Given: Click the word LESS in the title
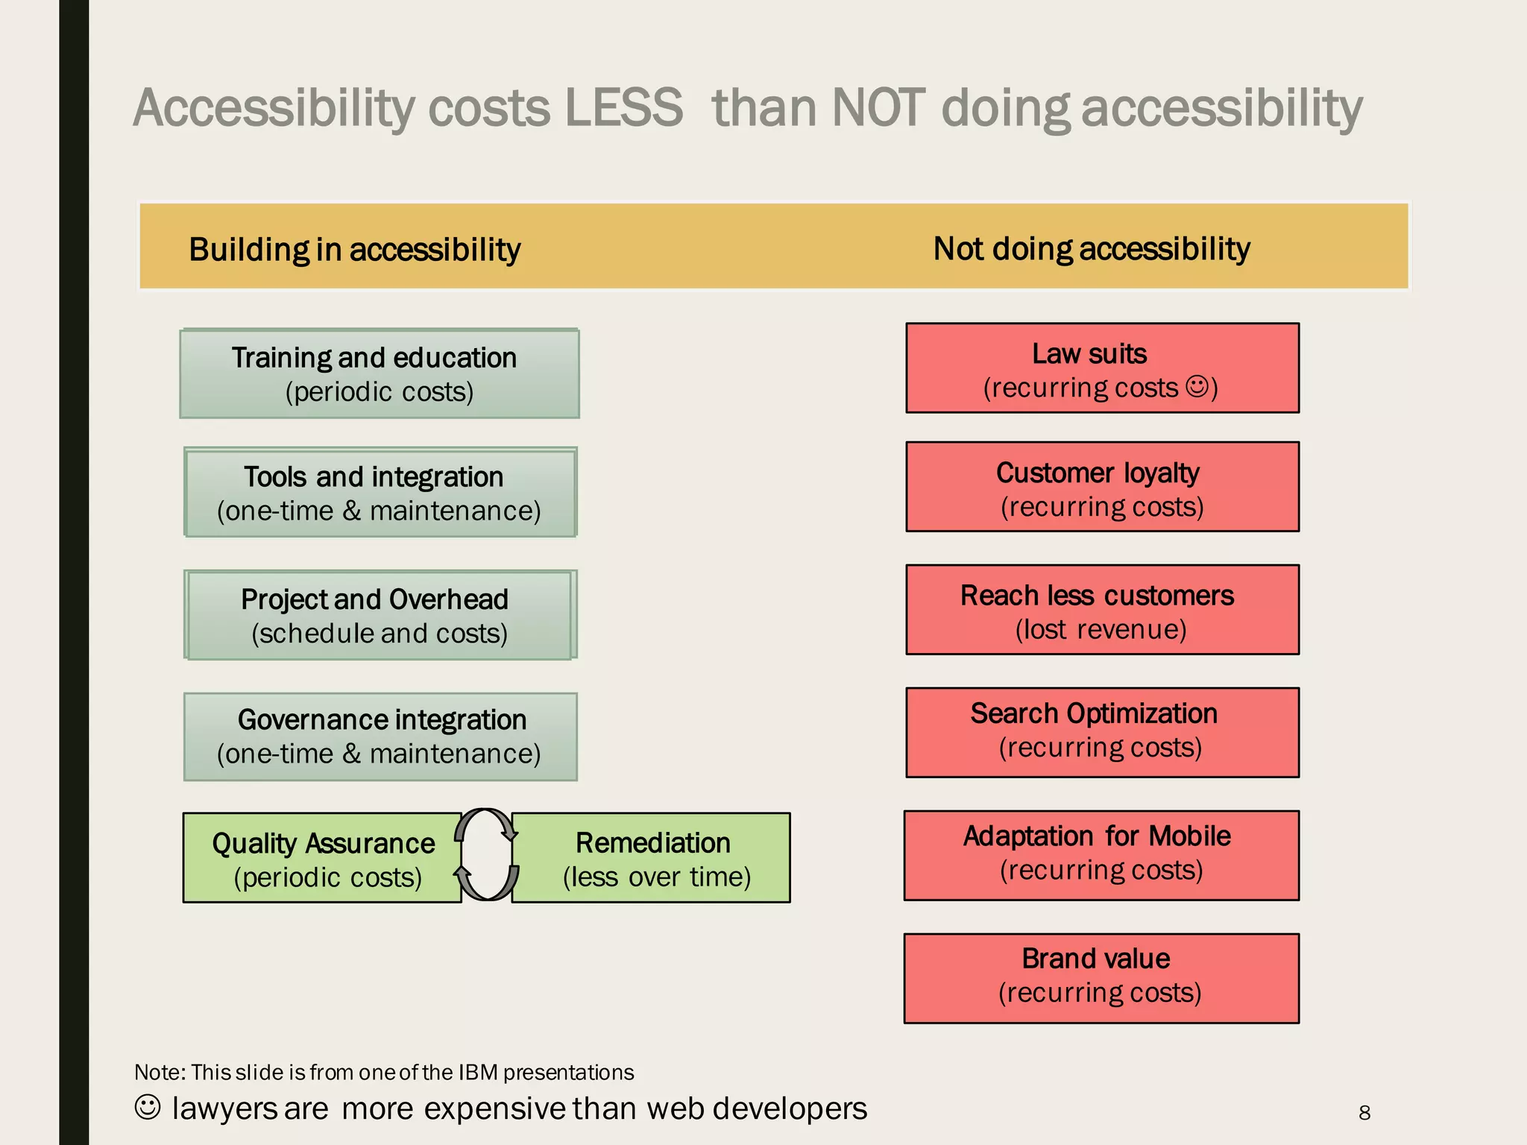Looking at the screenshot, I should pyautogui.click(x=623, y=108).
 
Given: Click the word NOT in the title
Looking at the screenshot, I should pyautogui.click(x=878, y=108).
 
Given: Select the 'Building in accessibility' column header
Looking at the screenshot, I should pyautogui.click(x=354, y=249).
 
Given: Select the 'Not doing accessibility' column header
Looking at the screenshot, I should pyautogui.click(x=1091, y=248).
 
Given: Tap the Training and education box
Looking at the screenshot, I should pyautogui.click(x=379, y=373).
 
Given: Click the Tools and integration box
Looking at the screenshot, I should pyautogui.click(x=380, y=492).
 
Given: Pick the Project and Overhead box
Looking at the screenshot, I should pyautogui.click(x=380, y=615).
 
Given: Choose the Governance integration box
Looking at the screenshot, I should pyautogui.click(x=380, y=736).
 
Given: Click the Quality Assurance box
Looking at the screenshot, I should pyautogui.click(x=322, y=858).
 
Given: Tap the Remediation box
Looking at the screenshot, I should pyautogui.click(x=655, y=858).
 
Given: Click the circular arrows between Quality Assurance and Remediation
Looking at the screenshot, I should pyautogui.click(x=486, y=855).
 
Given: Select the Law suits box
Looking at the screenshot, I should pyautogui.click(x=1102, y=368).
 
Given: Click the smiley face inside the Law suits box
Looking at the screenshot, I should pyautogui.click(x=1197, y=386).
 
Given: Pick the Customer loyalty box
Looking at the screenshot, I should pyautogui.click(x=1102, y=487).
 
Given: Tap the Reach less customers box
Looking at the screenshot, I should pyautogui.click(x=1102, y=610).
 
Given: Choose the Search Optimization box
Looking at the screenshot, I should pyautogui.click(x=1102, y=732).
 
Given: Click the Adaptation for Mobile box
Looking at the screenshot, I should pyautogui.click(x=1101, y=855).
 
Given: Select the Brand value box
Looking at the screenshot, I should pyautogui.click(x=1101, y=978).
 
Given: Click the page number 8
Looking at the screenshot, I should pyautogui.click(x=1364, y=1113).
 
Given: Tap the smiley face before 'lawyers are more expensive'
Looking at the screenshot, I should pyautogui.click(x=148, y=1107).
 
